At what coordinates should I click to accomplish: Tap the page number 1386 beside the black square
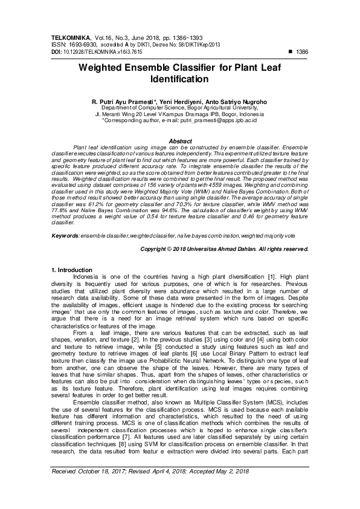[302, 52]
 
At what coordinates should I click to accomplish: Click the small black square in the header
[291, 52]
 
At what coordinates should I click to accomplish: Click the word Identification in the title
[179, 79]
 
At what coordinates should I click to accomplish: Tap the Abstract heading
[179, 141]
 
